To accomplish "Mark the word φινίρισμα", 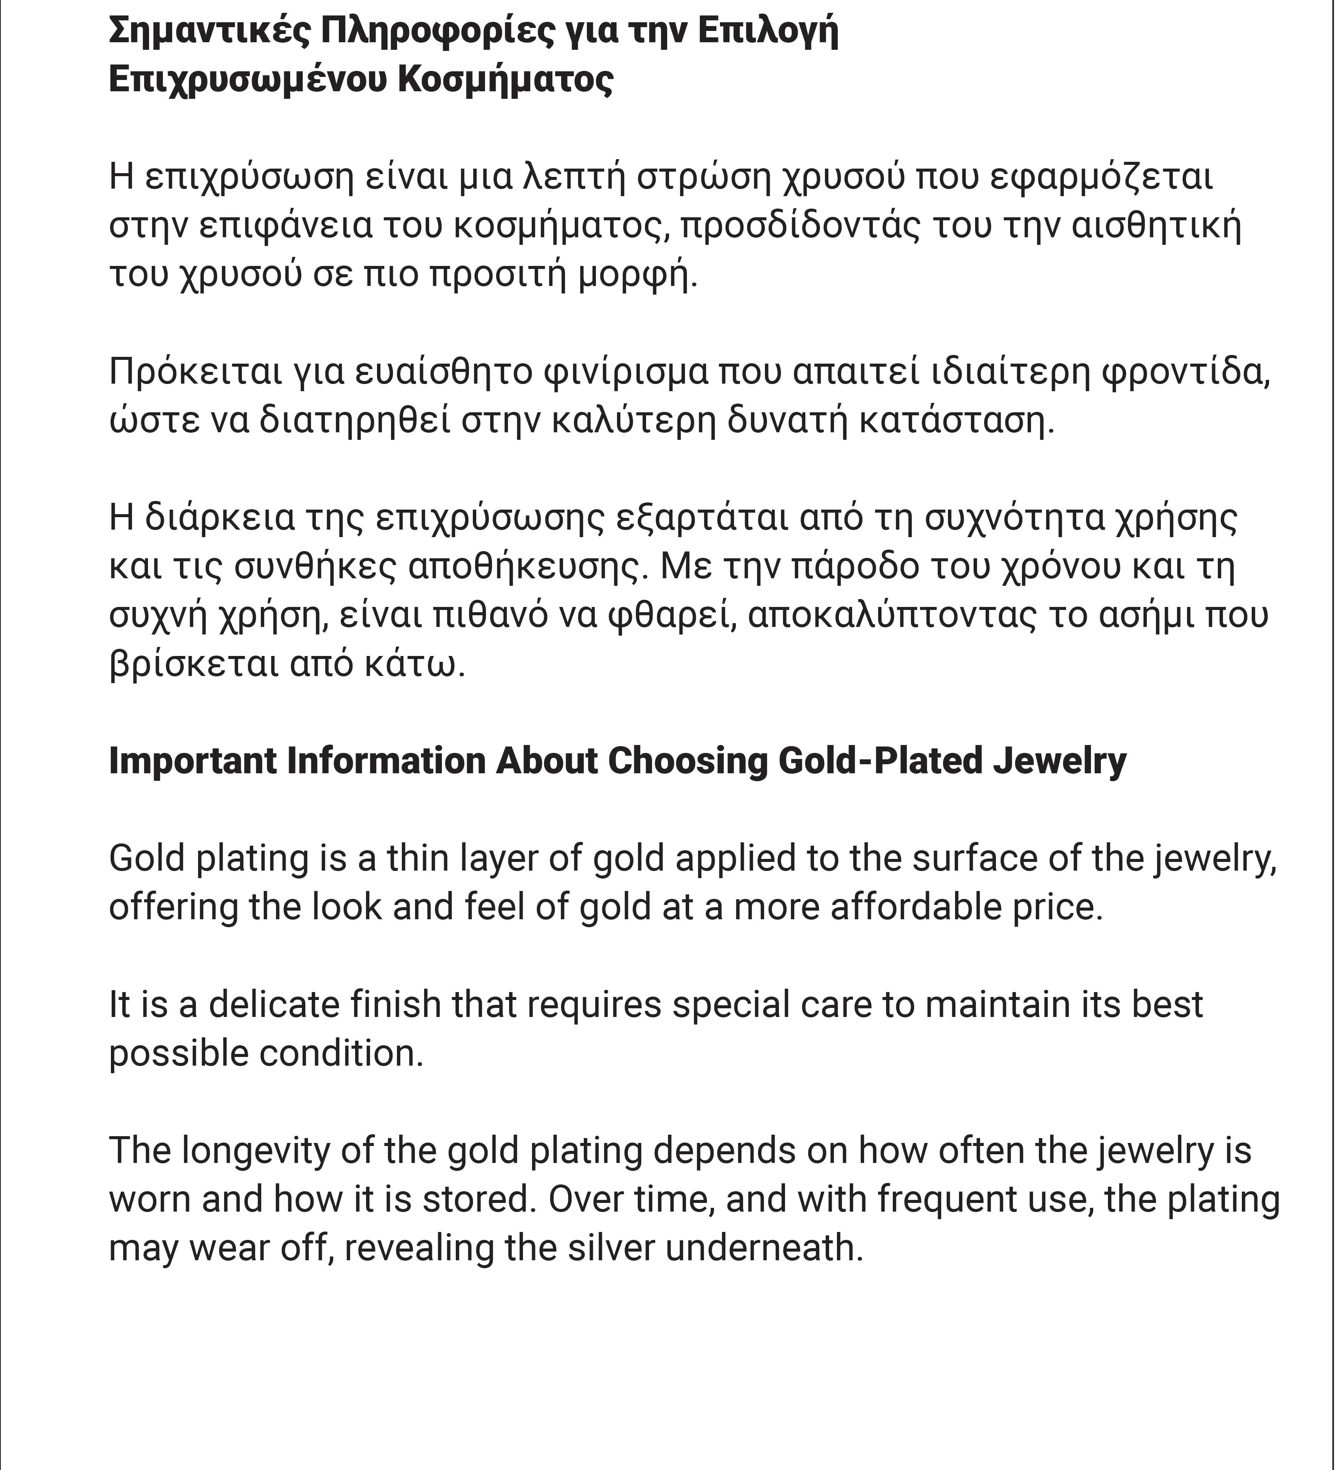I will coord(626,372).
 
